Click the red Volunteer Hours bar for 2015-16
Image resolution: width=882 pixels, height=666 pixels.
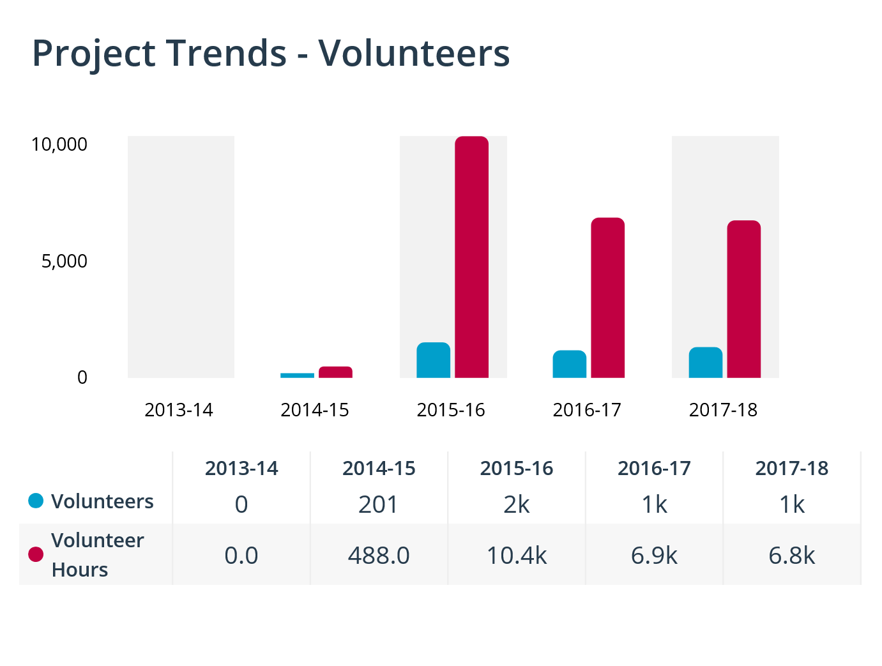click(x=471, y=257)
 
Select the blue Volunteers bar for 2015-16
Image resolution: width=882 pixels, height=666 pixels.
click(x=433, y=360)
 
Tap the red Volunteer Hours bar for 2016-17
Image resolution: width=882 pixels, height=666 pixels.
click(x=607, y=298)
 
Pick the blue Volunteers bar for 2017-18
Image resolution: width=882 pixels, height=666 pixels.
click(x=705, y=362)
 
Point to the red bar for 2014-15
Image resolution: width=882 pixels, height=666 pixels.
click(x=335, y=372)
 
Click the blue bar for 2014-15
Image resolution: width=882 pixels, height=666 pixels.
click(x=297, y=375)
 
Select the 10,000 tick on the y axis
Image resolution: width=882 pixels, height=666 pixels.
click(x=59, y=144)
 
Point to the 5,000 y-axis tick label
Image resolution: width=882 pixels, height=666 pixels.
click(x=65, y=261)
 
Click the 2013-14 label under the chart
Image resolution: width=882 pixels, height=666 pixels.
click(x=179, y=410)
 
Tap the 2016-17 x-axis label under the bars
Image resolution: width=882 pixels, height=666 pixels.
click(x=587, y=410)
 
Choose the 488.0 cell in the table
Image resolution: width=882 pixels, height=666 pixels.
click(x=379, y=556)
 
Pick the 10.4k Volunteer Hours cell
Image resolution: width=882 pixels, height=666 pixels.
click(x=517, y=556)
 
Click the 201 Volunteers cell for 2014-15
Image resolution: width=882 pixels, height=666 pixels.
click(x=379, y=504)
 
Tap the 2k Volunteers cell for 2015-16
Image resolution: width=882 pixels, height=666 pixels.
click(x=517, y=504)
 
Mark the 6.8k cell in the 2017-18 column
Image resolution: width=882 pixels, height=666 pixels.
click(x=792, y=556)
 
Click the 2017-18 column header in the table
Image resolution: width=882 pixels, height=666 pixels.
click(x=792, y=468)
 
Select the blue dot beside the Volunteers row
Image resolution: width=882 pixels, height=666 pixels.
click(x=36, y=501)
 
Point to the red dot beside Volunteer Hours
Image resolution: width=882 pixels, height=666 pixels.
click(x=36, y=554)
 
